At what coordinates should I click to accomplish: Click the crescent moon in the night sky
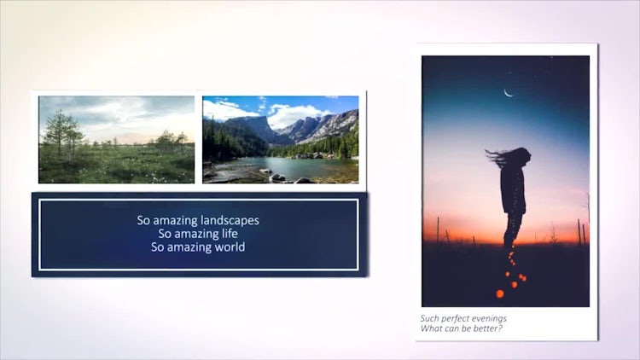[x=509, y=94]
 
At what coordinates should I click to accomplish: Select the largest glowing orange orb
[x=499, y=293]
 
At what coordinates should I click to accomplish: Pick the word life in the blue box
[x=230, y=234]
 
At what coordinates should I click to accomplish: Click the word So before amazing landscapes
[x=143, y=220]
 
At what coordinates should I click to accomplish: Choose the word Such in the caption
[x=430, y=318]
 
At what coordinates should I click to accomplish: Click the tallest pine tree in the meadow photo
[x=61, y=132]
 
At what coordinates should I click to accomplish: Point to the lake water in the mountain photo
[x=294, y=168]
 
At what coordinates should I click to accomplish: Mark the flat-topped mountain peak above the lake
[x=254, y=122]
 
